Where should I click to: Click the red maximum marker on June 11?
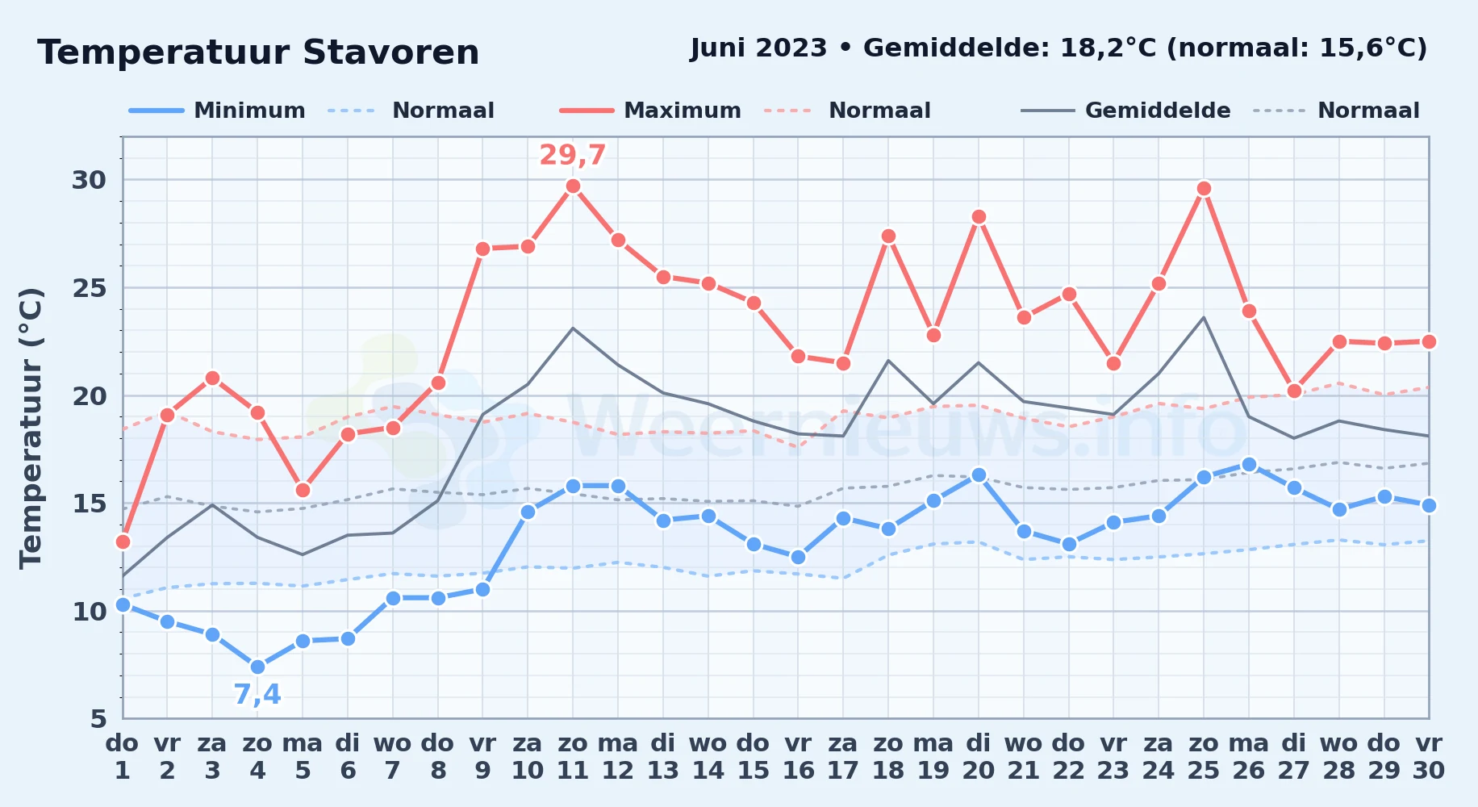point(573,186)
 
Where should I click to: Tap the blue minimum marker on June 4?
point(257,667)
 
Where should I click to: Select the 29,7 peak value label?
point(573,155)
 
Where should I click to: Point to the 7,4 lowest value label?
point(257,694)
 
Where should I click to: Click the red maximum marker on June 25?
point(1204,189)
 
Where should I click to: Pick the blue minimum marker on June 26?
point(1249,464)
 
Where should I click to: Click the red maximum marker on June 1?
point(123,541)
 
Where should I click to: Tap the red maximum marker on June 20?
point(979,216)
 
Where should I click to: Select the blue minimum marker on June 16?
point(798,557)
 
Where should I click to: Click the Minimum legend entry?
point(218,111)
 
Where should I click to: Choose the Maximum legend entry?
point(650,111)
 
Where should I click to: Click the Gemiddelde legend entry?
point(1126,111)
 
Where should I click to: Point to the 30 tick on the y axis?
point(89,180)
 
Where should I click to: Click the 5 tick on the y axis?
point(98,718)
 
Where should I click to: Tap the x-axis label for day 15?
point(753,757)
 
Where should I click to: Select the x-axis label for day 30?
point(1428,757)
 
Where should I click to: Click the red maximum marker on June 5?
point(303,490)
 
